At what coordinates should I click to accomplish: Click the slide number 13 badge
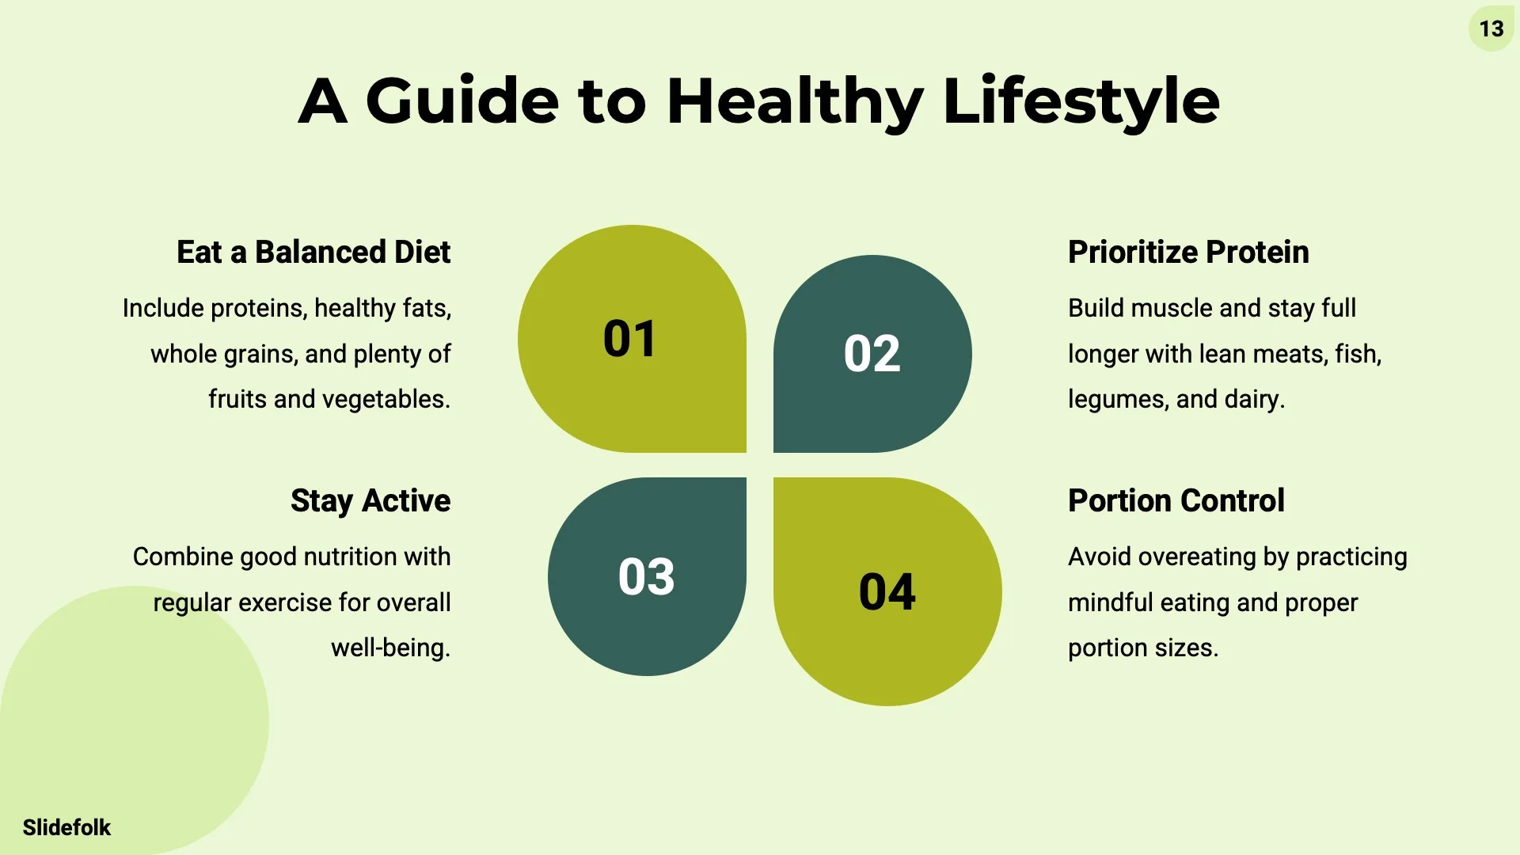(1491, 29)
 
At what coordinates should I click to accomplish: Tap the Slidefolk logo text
(66, 827)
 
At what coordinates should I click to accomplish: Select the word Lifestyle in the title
(1081, 101)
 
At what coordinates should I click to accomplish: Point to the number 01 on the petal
(629, 339)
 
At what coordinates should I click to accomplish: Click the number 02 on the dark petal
(872, 353)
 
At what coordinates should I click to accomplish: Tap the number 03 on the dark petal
(646, 576)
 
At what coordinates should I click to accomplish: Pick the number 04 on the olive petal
(887, 591)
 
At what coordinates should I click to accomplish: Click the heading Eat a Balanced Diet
(313, 252)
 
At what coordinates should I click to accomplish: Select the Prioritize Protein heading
(1188, 252)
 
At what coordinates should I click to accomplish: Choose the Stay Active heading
(370, 501)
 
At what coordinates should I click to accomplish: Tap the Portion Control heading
(1176, 500)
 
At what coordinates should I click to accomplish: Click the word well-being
(390, 648)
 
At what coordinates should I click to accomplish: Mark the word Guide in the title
(462, 101)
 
